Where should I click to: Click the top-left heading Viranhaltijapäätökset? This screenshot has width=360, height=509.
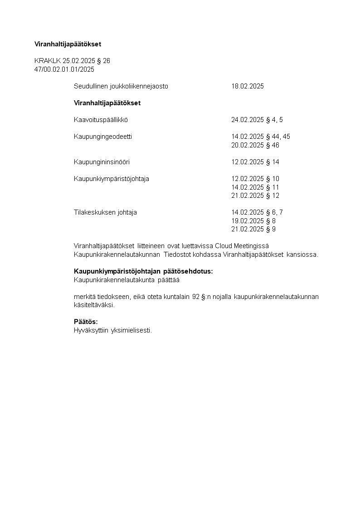click(x=68, y=44)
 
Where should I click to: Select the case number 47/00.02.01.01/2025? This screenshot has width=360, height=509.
click(x=64, y=69)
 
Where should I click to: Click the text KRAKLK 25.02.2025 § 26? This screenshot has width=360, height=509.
click(x=72, y=61)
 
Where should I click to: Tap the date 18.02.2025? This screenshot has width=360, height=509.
click(x=248, y=86)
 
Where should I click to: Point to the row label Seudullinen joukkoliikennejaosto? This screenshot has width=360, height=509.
click(x=121, y=86)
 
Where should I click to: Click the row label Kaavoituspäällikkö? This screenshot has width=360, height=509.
click(x=101, y=120)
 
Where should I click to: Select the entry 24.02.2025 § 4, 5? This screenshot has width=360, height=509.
click(x=257, y=120)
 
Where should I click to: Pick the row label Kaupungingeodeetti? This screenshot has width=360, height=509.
click(x=103, y=137)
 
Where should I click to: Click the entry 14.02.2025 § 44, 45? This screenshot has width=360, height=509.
click(x=261, y=137)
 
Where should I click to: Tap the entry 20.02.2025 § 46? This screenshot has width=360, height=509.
click(x=255, y=145)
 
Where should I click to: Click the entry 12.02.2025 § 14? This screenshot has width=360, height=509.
click(x=255, y=162)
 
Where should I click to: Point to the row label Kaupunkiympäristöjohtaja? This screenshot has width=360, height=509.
click(x=112, y=179)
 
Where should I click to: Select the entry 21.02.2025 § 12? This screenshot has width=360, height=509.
click(x=255, y=196)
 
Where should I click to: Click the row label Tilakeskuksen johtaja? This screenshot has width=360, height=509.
click(x=105, y=212)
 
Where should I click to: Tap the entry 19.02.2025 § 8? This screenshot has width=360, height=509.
click(x=253, y=221)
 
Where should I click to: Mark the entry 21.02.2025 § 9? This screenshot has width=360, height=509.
click(x=253, y=229)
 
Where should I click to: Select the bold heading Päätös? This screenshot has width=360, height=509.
click(x=86, y=322)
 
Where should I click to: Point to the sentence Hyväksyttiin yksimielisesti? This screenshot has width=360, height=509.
click(x=113, y=330)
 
